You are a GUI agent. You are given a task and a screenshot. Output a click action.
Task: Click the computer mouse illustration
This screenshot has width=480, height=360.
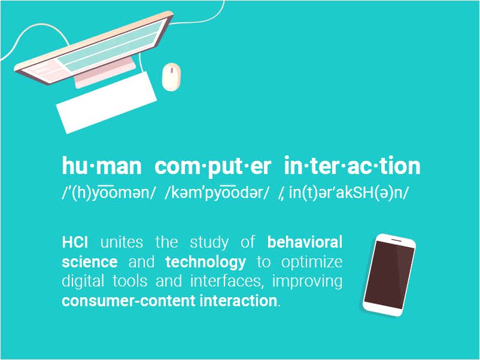171,77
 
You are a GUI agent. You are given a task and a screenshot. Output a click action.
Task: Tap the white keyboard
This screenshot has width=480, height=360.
107,103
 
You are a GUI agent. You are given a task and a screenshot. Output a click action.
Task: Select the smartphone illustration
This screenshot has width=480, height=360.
389,275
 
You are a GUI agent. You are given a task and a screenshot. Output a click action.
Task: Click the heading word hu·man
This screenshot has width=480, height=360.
102,166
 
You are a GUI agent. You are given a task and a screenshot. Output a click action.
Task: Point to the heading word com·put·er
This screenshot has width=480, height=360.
212,167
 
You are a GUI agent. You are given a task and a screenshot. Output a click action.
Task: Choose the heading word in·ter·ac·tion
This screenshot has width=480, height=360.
352,166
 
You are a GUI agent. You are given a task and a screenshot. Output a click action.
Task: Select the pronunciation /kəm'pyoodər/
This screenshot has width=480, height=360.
217,193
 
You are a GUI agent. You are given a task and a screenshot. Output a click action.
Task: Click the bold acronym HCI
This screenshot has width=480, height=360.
75,242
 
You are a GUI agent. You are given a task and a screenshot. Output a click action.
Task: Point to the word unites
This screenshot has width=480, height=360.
121,242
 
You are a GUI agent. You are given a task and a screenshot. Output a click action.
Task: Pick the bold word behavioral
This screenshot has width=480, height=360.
305,242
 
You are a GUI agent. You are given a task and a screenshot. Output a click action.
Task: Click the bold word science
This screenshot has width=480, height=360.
90,262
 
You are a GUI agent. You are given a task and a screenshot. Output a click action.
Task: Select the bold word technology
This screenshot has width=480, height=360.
206,263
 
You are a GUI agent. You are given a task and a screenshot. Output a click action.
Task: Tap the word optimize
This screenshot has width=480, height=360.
312,263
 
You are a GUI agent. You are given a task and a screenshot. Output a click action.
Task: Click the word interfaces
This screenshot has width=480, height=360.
226,282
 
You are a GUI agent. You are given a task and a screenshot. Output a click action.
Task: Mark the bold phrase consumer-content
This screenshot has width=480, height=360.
129,301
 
